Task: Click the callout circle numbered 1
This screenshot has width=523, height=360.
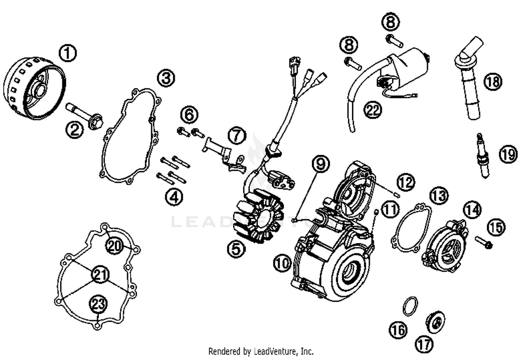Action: click(x=68, y=53)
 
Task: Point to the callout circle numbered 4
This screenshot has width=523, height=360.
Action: click(x=174, y=197)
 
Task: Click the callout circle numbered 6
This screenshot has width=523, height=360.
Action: click(x=189, y=115)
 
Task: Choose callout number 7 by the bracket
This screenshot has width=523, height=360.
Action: click(x=237, y=135)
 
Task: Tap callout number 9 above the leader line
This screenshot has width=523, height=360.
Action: click(x=320, y=163)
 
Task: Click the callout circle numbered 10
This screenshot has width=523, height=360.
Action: click(x=282, y=262)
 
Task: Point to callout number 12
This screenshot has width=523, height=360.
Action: click(x=405, y=182)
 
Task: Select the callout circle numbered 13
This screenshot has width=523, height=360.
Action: click(x=439, y=196)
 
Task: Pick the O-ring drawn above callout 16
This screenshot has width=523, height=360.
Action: click(x=410, y=306)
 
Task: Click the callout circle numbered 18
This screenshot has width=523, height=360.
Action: click(x=493, y=82)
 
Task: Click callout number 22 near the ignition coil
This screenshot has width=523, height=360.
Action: click(x=373, y=110)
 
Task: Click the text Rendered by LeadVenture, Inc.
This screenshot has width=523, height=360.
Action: click(x=261, y=351)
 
